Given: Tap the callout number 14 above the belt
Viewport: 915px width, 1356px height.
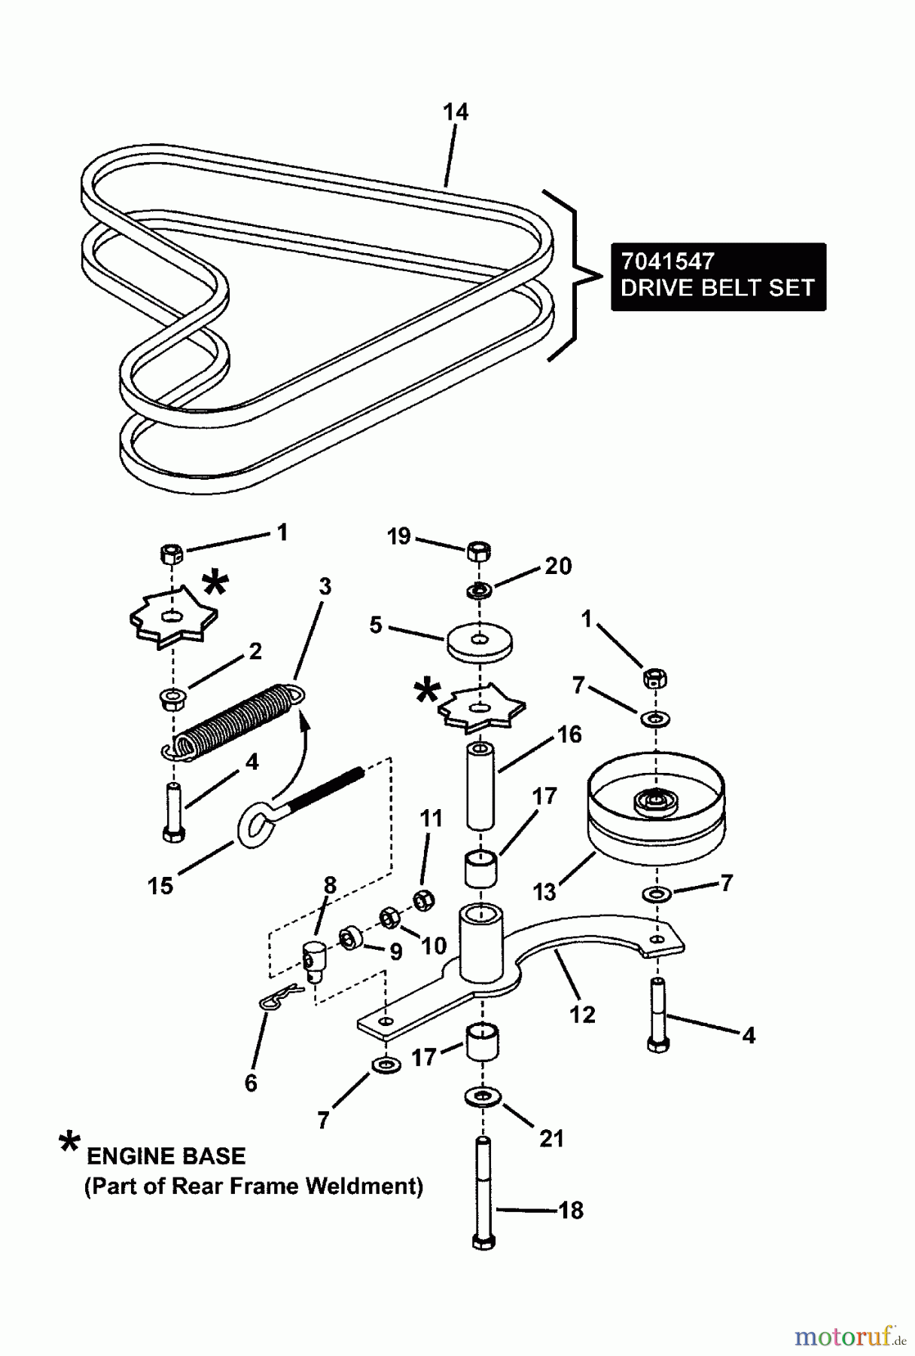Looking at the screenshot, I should pos(455,112).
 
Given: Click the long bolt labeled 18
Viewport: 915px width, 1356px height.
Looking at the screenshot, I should pos(484,1198).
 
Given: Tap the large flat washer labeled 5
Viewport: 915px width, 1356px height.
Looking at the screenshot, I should pos(478,643).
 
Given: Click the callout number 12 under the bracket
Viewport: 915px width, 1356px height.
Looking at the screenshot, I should pos(582,1014).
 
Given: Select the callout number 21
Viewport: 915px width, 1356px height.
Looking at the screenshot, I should pos(551,1138).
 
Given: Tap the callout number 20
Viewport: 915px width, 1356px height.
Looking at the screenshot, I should pos(557,566).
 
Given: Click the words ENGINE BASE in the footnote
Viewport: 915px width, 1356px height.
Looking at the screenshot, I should pos(166,1156).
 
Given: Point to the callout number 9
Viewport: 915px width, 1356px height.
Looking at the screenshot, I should pos(395,951).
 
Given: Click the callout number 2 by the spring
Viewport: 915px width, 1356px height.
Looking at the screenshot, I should pos(255,652).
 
